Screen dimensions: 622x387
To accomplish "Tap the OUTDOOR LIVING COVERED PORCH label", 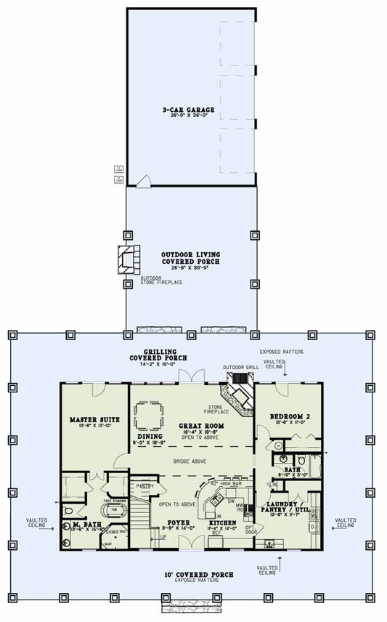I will coord(190,259).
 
